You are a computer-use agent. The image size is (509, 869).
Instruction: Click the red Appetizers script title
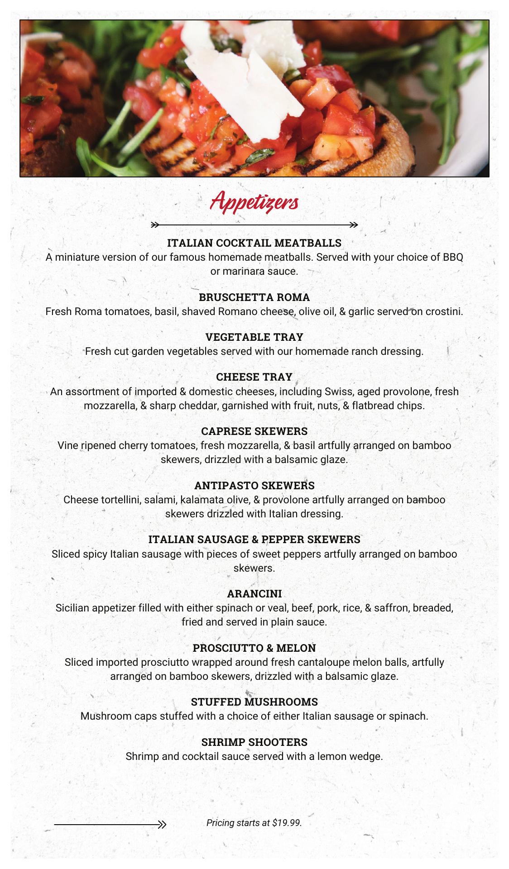point(254,202)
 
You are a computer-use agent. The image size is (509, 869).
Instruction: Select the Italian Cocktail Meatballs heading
point(254,243)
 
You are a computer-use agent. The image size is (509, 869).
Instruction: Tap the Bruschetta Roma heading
point(254,297)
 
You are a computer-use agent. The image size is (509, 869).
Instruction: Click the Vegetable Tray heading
point(254,337)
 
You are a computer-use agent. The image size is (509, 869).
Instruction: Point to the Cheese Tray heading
point(254,377)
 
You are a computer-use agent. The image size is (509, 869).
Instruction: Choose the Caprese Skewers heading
point(254,431)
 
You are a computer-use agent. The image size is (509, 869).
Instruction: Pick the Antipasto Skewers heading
point(254,486)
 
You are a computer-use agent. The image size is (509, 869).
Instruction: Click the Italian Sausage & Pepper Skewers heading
point(254,540)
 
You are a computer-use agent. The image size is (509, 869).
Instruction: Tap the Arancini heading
point(254,593)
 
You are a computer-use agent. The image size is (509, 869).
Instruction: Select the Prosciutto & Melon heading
point(254,648)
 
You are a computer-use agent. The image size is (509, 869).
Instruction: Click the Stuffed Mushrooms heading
point(254,702)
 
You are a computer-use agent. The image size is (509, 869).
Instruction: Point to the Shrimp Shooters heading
point(254,742)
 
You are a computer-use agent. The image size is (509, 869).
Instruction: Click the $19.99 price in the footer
point(287,823)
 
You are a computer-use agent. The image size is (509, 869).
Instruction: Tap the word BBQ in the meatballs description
point(453,258)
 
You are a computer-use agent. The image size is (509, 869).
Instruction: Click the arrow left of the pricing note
point(110,825)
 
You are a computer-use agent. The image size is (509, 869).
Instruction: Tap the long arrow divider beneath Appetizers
point(254,224)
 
